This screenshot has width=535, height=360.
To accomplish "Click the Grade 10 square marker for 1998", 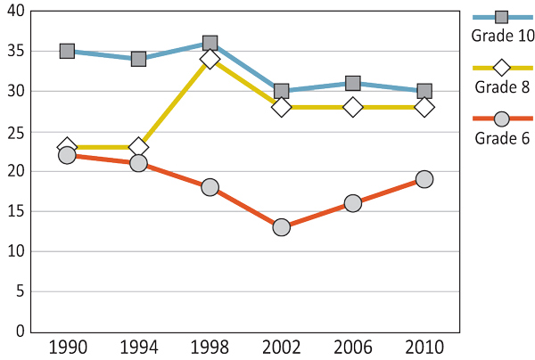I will pyautogui.click(x=210, y=43).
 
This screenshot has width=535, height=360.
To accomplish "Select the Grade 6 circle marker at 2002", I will pyautogui.click(x=281, y=227).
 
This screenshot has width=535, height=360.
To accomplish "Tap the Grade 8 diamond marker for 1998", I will pyautogui.click(x=210, y=60).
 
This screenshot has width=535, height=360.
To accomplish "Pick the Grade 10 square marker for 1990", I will pyautogui.click(x=67, y=51).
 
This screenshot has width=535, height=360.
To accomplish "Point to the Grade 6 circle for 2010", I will pyautogui.click(x=424, y=179).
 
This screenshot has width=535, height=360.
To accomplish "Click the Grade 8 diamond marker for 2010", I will pyautogui.click(x=424, y=107).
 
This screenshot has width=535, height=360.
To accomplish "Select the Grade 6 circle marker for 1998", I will pyautogui.click(x=210, y=187).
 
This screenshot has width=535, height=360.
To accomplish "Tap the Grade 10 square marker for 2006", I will pyautogui.click(x=352, y=83).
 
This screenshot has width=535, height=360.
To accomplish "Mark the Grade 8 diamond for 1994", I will pyautogui.click(x=138, y=147).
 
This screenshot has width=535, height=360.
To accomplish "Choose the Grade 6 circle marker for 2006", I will pyautogui.click(x=352, y=203).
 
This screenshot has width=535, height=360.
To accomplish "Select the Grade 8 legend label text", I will pyautogui.click(x=503, y=86).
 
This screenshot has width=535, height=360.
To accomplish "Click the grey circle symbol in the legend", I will pyautogui.click(x=502, y=119).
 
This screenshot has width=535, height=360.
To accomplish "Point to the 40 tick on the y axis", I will pyautogui.click(x=15, y=12).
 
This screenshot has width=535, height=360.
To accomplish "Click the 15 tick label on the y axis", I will pyautogui.click(x=15, y=211).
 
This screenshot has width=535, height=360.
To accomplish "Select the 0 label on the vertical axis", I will pyautogui.click(x=19, y=331).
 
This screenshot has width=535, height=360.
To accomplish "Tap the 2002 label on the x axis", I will pyautogui.click(x=281, y=347).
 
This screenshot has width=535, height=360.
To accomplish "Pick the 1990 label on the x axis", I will pyautogui.click(x=67, y=347).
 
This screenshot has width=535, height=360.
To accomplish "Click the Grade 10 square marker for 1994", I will pyautogui.click(x=138, y=59).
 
